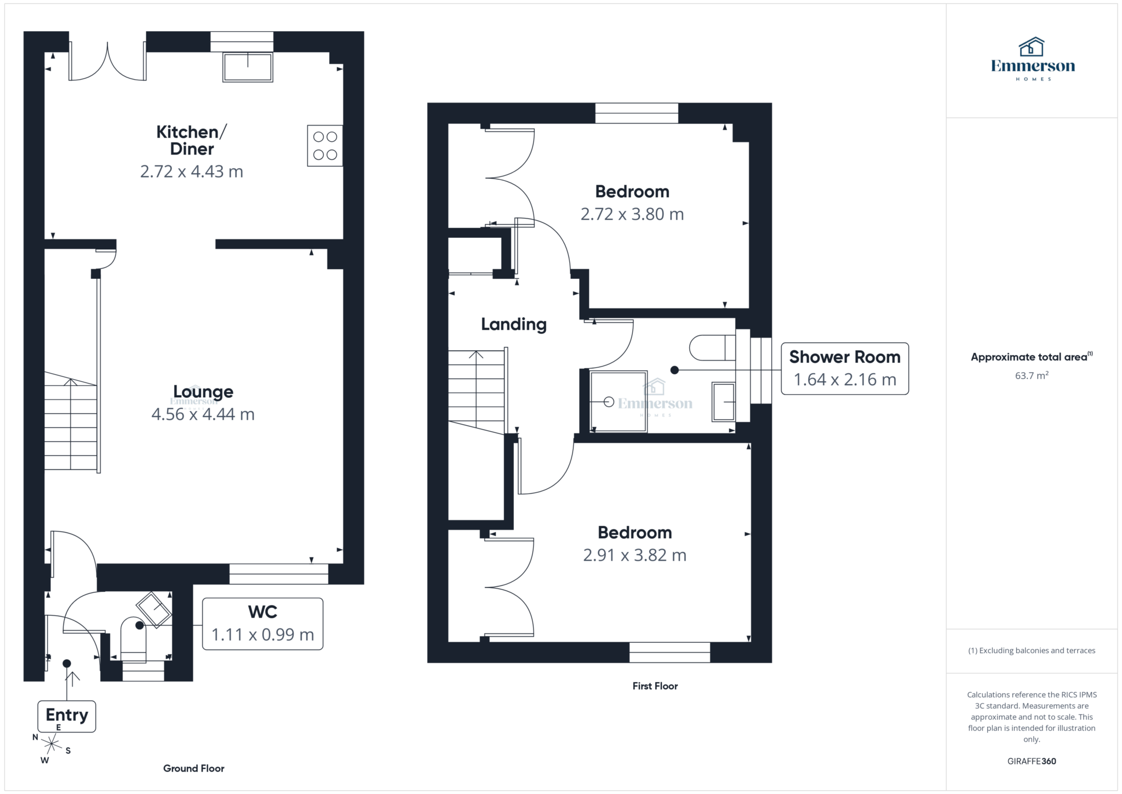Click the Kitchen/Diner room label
(191, 140)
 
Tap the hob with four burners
(325, 146)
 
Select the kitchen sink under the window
(248, 67)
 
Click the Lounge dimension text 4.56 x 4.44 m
(203, 414)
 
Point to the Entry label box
(67, 716)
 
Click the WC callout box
(262, 624)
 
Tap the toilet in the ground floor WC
(133, 638)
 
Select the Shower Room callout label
(844, 368)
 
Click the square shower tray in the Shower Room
(619, 402)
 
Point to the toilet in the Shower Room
(712, 347)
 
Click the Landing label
(513, 324)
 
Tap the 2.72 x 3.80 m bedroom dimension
(632, 214)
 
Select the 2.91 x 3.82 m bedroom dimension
(634, 555)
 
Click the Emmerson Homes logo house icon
(1032, 47)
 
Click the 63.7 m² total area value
(1032, 376)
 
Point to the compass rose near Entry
(51, 744)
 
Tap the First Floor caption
(655, 686)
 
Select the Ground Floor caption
(193, 768)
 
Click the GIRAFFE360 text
(1032, 761)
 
